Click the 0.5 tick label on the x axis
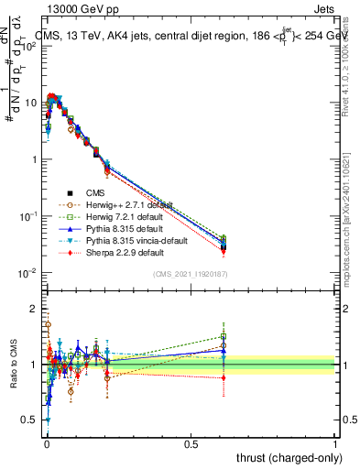pyautogui.click(x=191, y=443)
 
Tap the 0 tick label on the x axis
pyautogui.click(x=47, y=443)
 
